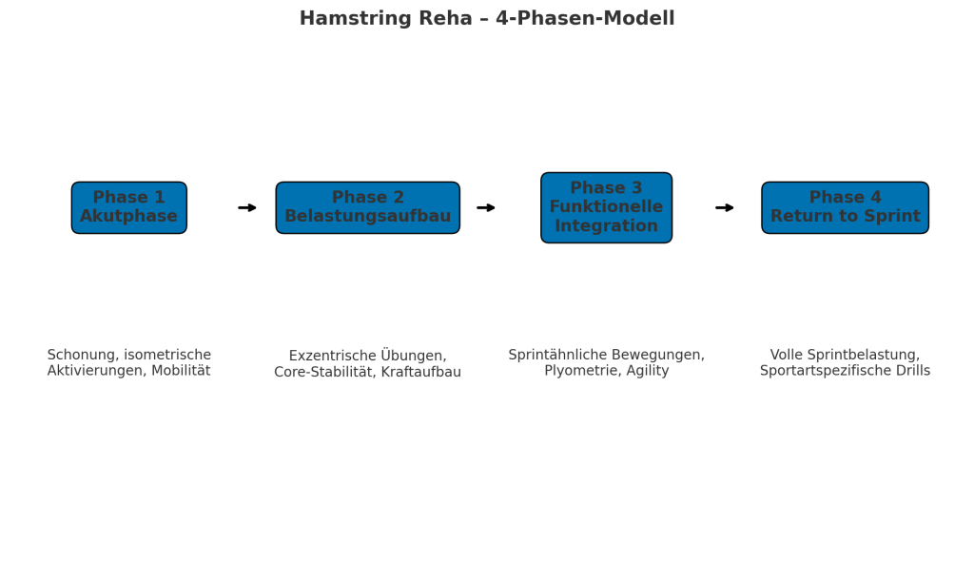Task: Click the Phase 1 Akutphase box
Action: click(x=129, y=207)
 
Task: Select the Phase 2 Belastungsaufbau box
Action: click(x=368, y=207)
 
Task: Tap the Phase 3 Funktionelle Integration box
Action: click(x=606, y=207)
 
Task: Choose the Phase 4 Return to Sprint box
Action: click(x=845, y=207)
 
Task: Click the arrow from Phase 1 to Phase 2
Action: click(x=247, y=207)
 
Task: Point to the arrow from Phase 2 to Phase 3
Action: click(x=486, y=207)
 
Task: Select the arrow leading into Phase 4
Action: click(x=724, y=207)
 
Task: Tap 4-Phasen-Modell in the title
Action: click(x=585, y=18)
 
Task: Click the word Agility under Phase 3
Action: click(x=648, y=371)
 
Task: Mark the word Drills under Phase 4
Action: click(x=911, y=371)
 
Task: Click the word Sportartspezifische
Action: click(x=824, y=371)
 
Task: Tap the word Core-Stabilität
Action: click(x=325, y=372)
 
